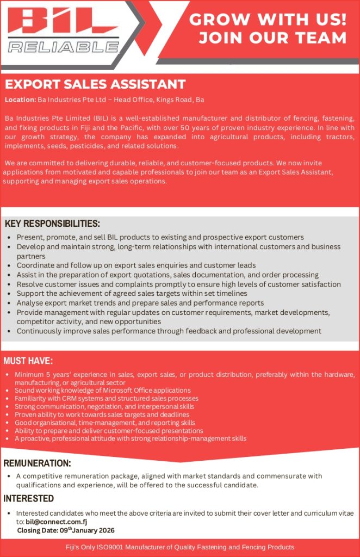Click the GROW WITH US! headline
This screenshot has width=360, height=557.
click(268, 20)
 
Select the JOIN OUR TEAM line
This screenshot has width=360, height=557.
click(272, 38)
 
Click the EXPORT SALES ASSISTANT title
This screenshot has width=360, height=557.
click(95, 85)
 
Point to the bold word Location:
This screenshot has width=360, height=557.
click(20, 100)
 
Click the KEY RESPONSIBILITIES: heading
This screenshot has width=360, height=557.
click(52, 224)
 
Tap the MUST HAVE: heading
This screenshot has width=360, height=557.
click(28, 361)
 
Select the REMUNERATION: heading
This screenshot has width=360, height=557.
click(38, 463)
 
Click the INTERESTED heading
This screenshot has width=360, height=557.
click(29, 498)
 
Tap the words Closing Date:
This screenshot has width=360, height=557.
click(38, 530)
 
